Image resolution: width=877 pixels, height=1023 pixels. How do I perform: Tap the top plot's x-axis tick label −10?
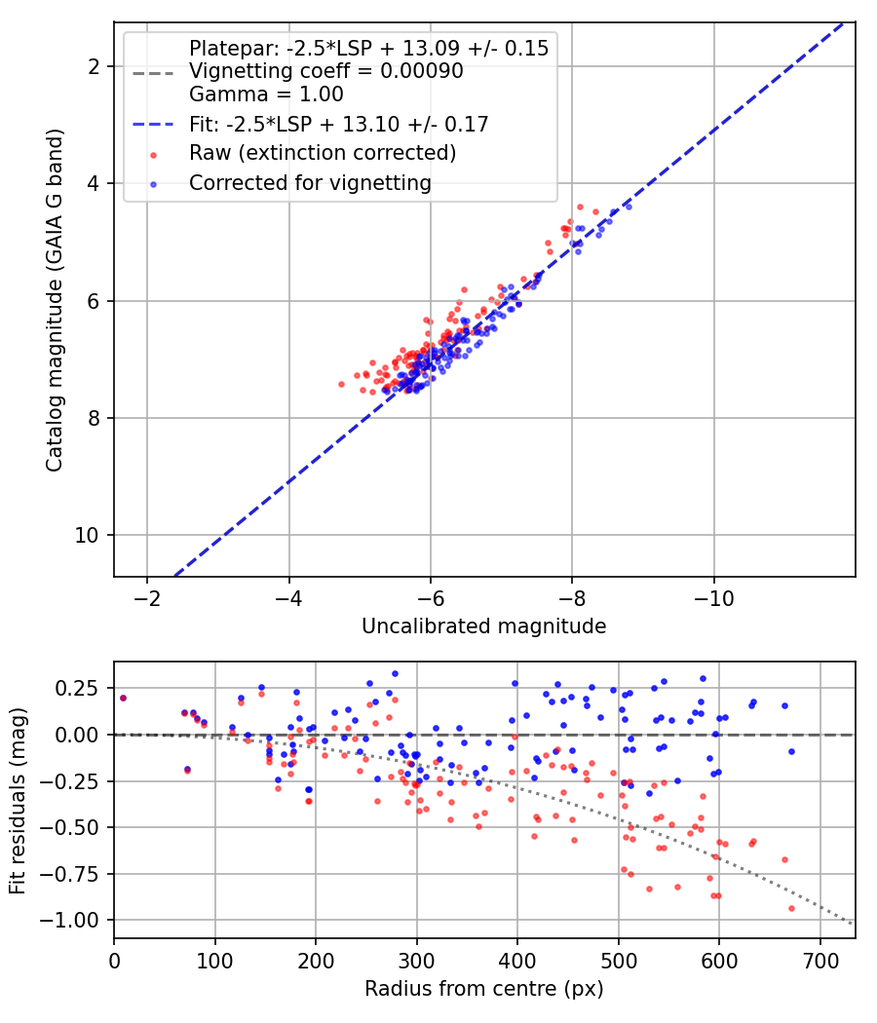coord(713,598)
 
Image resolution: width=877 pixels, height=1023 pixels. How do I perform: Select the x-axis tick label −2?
coord(147,598)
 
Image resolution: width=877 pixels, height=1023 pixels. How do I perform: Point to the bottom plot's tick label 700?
coord(820,961)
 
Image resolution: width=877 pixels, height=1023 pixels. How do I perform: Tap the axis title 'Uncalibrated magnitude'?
coord(484,626)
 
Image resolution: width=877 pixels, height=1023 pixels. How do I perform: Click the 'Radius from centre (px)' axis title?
coord(484,989)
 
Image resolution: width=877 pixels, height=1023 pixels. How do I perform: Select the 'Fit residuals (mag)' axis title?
coord(18,801)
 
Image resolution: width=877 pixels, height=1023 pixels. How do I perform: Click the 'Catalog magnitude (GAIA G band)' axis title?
coord(55,300)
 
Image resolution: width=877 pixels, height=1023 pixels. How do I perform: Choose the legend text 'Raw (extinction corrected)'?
coord(323,153)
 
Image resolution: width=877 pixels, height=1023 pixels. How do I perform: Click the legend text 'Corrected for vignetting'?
coord(310,183)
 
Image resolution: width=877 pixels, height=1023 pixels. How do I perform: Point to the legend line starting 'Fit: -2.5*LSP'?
coord(339,124)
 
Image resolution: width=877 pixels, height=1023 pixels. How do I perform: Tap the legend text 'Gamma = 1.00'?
coord(266,94)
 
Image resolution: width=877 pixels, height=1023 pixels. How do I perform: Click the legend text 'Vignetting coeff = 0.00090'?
coord(326,70)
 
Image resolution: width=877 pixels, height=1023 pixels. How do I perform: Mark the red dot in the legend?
coord(153,155)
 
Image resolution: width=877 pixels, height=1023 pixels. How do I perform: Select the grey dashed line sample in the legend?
coord(153,73)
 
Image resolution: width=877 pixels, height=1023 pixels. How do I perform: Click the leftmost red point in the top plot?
coord(341,384)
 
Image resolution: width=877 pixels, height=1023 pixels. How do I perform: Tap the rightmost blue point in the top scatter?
coord(629,207)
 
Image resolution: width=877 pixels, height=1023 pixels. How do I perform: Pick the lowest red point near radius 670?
coord(791,908)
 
